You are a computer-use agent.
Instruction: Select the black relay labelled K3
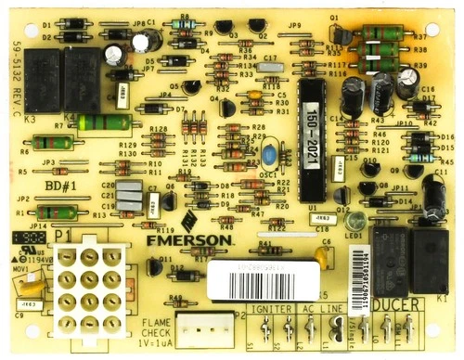[x=43, y=70]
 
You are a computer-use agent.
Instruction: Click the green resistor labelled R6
[x=45, y=143]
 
